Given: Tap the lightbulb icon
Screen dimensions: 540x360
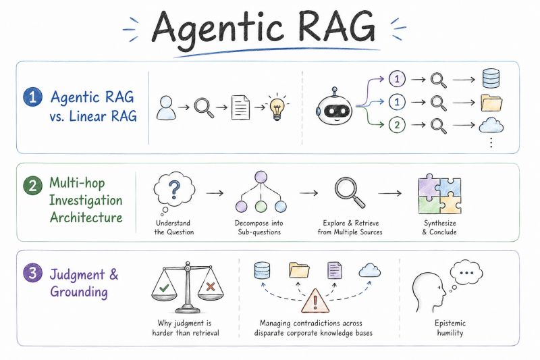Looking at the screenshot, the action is coord(277,107).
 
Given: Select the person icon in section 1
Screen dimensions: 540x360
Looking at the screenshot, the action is coord(166,108).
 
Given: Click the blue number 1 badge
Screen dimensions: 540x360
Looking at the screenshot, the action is coord(32,97).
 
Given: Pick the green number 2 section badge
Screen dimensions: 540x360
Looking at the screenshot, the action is coord(32,186).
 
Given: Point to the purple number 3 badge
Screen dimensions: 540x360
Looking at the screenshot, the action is coord(32,273).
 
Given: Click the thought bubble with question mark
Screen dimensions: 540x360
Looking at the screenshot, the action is coord(174,191).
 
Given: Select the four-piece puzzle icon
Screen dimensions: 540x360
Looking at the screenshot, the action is coord(440,194).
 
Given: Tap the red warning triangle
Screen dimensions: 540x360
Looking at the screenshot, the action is coord(315,301).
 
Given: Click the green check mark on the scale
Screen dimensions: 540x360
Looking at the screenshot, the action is coord(164,288).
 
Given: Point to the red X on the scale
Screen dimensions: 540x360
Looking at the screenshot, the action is coord(211,286).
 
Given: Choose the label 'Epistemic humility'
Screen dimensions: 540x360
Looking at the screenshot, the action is coord(450,328).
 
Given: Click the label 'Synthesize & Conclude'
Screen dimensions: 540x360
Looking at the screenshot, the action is coord(440,228).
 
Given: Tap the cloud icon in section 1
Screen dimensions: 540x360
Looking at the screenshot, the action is coord(491,125).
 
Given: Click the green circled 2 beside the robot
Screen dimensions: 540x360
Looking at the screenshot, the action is coord(397,125).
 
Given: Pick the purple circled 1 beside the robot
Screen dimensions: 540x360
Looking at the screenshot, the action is coord(397,79).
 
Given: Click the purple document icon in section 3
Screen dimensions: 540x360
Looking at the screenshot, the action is coord(334,270).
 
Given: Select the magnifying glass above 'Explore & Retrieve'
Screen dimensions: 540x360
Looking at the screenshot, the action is coord(350,192).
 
